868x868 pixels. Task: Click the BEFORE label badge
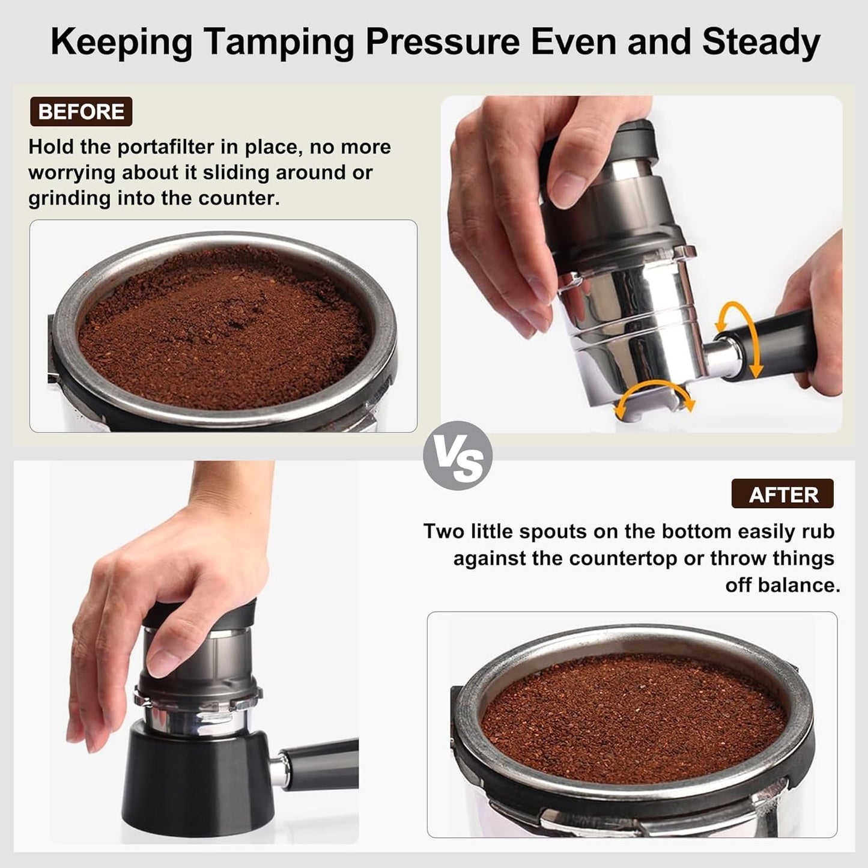tap(81, 112)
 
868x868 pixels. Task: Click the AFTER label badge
tap(783, 494)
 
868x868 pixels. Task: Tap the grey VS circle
tap(458, 456)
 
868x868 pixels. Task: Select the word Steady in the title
tap(760, 42)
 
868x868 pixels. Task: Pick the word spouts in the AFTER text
tap(552, 532)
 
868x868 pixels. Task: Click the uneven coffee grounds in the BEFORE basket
tap(222, 330)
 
